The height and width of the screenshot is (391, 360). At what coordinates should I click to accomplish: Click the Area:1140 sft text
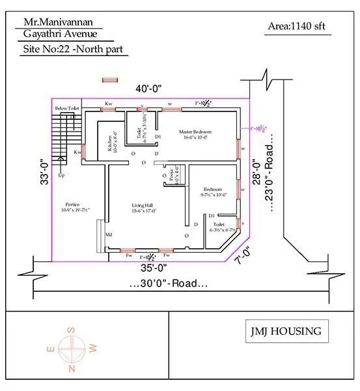(296, 27)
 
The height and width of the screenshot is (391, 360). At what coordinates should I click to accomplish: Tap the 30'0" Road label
(168, 284)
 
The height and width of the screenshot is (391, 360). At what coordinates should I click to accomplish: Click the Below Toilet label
(66, 108)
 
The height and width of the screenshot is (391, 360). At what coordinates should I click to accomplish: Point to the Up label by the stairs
(61, 176)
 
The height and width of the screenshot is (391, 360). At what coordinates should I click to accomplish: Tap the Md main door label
(109, 235)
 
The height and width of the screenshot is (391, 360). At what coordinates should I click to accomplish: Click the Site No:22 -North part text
(72, 49)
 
